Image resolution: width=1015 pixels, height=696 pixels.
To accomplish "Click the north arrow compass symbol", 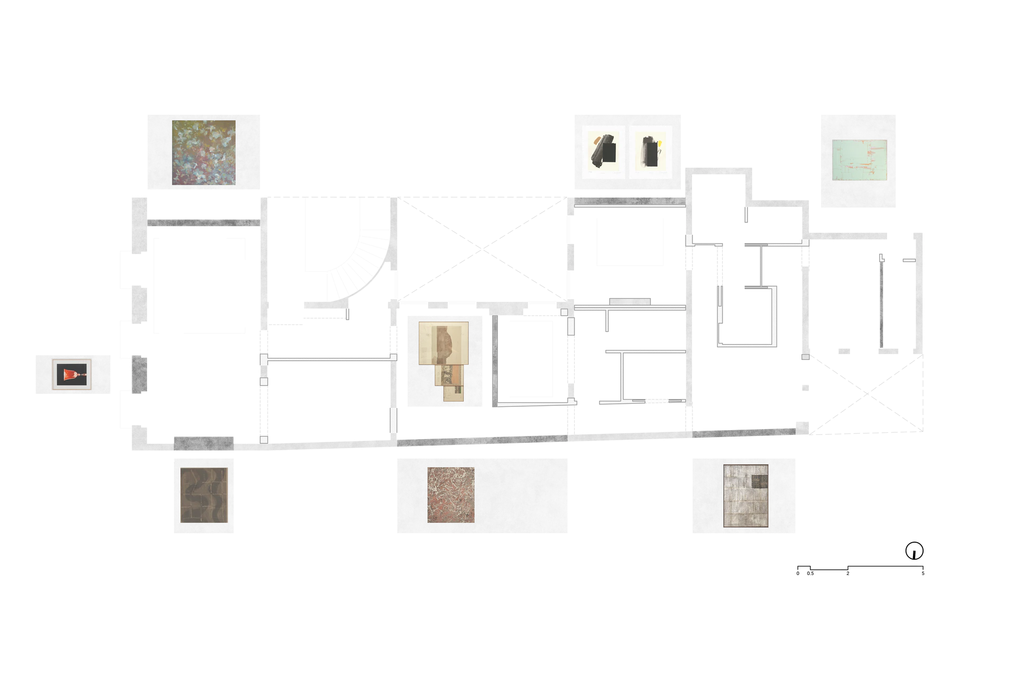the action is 914,551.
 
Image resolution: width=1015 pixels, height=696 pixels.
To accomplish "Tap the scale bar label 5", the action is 923,573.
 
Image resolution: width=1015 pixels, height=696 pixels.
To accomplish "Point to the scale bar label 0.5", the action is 810,573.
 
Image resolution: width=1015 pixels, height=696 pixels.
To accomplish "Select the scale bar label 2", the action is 848,573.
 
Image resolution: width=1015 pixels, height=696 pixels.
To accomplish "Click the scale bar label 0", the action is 798,573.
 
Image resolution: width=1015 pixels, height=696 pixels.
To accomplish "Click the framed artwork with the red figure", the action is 72,375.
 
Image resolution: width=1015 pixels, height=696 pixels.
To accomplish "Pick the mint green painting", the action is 859,160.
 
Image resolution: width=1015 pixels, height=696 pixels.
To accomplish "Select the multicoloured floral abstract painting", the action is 204,153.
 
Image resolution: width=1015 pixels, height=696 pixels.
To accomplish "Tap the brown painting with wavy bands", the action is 204,495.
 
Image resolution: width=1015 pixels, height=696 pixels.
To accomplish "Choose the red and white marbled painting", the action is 451,495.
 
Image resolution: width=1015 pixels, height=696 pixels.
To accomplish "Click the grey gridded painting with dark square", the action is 745,496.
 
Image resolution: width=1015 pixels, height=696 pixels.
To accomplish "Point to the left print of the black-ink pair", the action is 603,152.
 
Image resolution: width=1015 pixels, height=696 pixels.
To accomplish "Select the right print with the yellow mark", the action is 650,152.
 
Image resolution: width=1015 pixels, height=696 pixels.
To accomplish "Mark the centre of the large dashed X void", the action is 482,249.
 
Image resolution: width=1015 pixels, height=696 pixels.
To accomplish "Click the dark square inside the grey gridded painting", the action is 760,481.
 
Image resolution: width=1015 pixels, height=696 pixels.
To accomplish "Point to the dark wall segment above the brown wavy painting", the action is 204,443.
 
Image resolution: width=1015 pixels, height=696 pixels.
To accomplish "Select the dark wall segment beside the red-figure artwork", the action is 139,375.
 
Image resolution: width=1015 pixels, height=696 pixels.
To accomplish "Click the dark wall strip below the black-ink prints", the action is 630,201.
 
